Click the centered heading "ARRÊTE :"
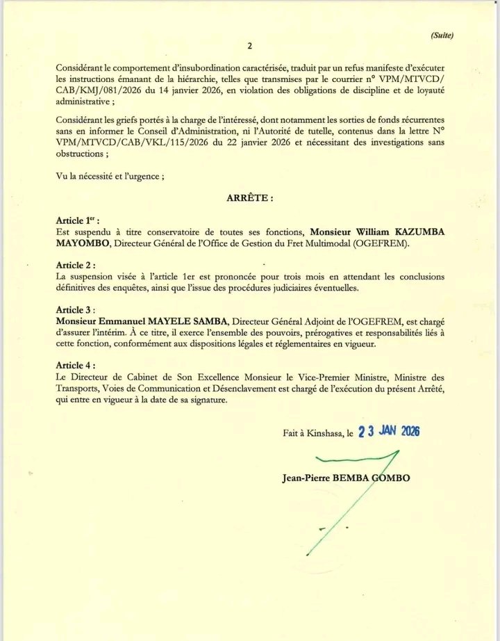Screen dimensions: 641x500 250,198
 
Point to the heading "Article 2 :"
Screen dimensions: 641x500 76,266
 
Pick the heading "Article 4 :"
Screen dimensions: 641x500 76,366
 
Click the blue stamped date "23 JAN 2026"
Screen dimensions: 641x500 388,432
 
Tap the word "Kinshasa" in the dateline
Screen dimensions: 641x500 322,433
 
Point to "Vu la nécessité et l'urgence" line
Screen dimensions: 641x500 110,176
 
